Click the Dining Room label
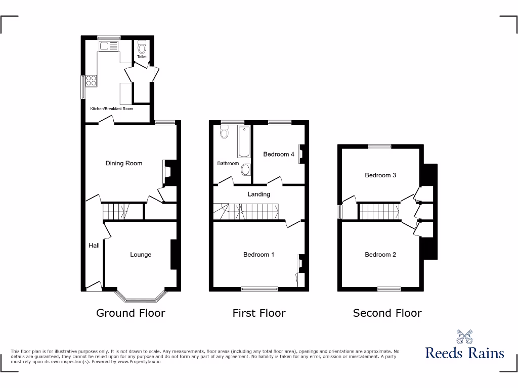point(124,163)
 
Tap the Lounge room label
point(141,255)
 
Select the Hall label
point(94,246)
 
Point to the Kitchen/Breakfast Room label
point(112,109)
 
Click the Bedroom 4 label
point(279,154)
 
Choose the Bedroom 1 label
point(258,255)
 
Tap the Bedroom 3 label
point(380,175)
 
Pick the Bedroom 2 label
point(380,255)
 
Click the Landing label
point(258,194)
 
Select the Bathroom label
point(228,163)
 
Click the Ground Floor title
point(131,313)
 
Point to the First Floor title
point(258,313)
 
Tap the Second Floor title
point(387,313)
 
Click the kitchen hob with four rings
point(92,81)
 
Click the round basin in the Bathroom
point(246,170)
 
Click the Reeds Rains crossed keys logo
point(464,337)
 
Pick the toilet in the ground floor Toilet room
point(142,48)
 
